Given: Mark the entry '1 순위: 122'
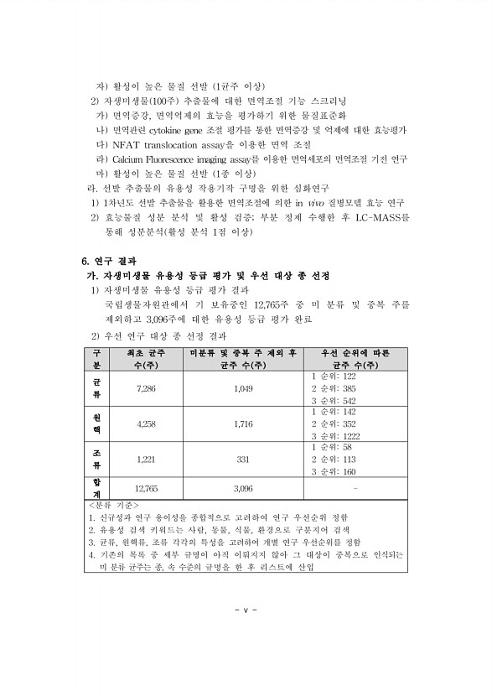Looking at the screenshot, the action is [x=334, y=377].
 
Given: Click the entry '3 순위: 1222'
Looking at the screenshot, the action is [x=336, y=436].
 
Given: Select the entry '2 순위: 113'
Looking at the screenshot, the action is [x=334, y=460].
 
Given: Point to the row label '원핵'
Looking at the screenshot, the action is [x=95, y=424].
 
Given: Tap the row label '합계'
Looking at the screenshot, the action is [x=95, y=486].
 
